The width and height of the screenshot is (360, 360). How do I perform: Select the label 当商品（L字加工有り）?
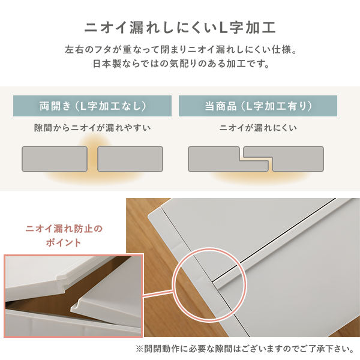(x=258, y=106)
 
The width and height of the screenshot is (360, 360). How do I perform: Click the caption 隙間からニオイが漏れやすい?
(x=92, y=128)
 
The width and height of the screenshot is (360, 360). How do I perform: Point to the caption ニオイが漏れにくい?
(x=258, y=128)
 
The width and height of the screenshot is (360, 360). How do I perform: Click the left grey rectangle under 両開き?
(x=55, y=159)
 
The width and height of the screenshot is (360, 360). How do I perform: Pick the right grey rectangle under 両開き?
(x=130, y=159)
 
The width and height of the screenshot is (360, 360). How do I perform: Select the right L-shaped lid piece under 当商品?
(x=294, y=159)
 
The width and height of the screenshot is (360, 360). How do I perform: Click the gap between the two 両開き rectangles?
(x=92, y=159)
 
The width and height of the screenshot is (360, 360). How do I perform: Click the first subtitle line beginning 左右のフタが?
(x=180, y=50)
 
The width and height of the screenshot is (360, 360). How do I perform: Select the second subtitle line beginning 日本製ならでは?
(x=180, y=63)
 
